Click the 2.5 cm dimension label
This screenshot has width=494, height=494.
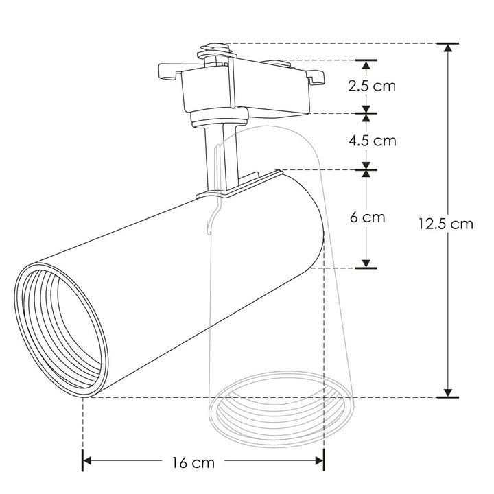coord(372,86)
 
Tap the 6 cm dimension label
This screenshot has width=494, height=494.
coord(367,217)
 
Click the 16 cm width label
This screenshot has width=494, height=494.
coord(193,462)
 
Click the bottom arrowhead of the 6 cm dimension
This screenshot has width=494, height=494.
coord(366,263)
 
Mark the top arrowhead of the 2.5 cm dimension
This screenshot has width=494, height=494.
coord(366,66)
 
